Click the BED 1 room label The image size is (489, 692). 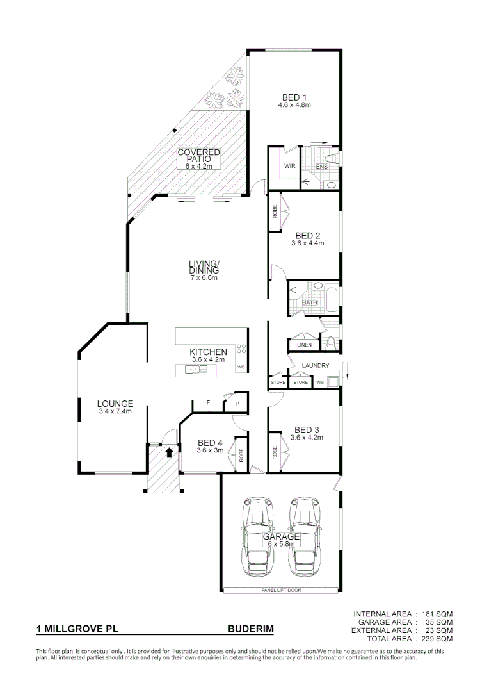pyautogui.click(x=294, y=97)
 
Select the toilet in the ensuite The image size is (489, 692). pyautogui.click(x=332, y=158)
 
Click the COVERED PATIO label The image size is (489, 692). pyautogui.click(x=199, y=156)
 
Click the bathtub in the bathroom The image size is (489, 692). pyautogui.click(x=331, y=299)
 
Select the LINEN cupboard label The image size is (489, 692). pyautogui.click(x=304, y=345)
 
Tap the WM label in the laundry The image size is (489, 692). pyautogui.click(x=320, y=383)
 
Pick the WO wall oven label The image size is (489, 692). pyautogui.click(x=241, y=368)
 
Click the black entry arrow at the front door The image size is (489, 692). pyautogui.click(x=169, y=452)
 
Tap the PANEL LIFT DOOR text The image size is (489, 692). pyautogui.click(x=281, y=590)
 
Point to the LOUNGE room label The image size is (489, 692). pyautogui.click(x=115, y=404)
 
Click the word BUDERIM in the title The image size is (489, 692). pyautogui.click(x=251, y=630)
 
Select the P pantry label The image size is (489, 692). pyautogui.click(x=237, y=404)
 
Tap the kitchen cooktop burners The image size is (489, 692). pyautogui.click(x=242, y=349)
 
